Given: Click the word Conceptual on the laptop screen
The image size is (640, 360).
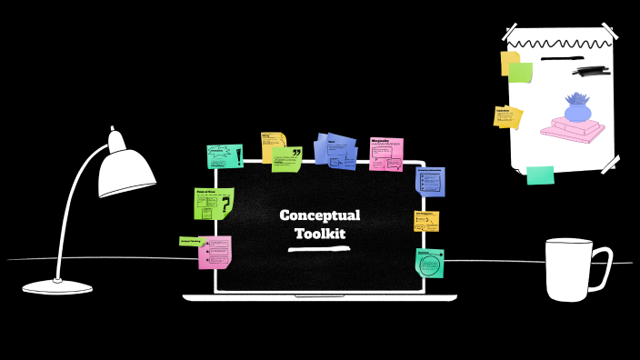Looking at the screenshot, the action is [x=319, y=215].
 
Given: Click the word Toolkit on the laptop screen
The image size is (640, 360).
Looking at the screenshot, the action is [x=319, y=234].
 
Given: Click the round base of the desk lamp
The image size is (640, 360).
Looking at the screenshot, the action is [x=57, y=287].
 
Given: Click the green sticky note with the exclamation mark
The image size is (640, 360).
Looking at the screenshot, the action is [x=225, y=156].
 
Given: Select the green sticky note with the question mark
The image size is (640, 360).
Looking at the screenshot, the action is [x=214, y=203].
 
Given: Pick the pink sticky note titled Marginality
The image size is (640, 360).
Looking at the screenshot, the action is [x=386, y=154].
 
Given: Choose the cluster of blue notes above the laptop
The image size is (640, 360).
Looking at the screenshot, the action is [x=335, y=150].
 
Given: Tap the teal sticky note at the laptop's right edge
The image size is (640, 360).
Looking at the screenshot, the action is [x=429, y=263].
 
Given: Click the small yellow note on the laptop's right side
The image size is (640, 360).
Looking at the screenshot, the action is [x=426, y=221].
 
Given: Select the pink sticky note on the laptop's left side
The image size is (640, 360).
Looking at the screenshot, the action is [x=215, y=252].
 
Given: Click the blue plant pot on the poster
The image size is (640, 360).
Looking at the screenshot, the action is [x=577, y=110].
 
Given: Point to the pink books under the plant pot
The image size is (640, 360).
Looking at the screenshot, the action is [x=573, y=130].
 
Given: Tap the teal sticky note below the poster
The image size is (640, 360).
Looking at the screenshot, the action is [x=540, y=175].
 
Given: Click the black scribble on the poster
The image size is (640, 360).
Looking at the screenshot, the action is [x=592, y=69].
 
